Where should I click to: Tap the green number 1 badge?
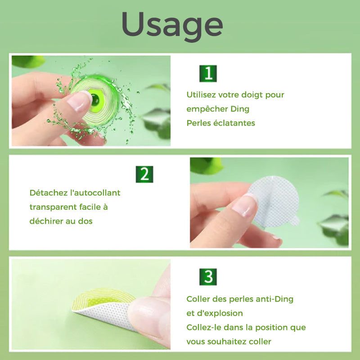[x=208, y=73]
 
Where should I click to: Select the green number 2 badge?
[x=144, y=174]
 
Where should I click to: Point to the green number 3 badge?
[x=208, y=277]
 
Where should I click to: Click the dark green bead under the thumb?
[x=95, y=100]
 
